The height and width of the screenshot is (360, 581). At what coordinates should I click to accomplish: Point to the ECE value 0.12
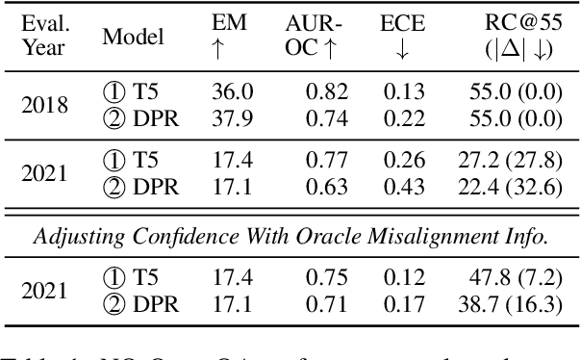tap(405, 278)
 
